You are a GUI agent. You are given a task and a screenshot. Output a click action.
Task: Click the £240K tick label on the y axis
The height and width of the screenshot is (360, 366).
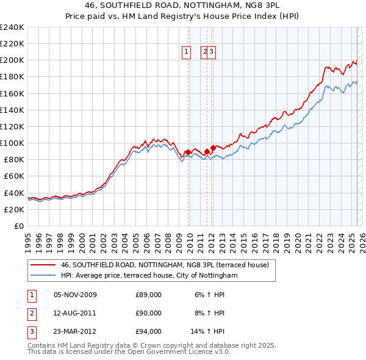click(12, 27)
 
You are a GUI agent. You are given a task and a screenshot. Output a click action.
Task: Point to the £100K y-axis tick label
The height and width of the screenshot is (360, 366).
click(12, 143)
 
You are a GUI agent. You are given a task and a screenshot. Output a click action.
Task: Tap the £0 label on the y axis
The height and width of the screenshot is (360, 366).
click(18, 226)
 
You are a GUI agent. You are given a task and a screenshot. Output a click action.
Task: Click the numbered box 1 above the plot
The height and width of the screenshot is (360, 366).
click(187, 52)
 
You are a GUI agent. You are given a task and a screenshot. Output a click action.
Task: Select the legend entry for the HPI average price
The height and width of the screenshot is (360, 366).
click(148, 276)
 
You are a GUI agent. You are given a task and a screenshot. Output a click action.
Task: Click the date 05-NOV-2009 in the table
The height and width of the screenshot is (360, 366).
click(75, 295)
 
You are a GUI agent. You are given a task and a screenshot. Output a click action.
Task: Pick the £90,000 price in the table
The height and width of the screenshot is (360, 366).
click(148, 314)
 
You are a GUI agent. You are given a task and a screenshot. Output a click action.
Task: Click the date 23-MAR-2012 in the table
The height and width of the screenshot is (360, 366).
click(75, 332)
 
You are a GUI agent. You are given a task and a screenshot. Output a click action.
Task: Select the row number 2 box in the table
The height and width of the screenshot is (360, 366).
click(31, 314)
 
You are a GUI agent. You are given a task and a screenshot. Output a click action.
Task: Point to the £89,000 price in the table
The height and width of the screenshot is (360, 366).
click(148, 295)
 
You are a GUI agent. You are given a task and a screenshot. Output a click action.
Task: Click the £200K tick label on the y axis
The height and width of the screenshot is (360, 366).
click(12, 60)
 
